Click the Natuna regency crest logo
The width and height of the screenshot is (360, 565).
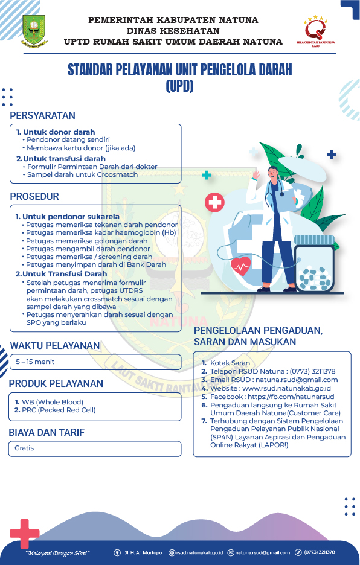click(x=34, y=31)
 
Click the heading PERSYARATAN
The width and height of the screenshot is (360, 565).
click(x=42, y=115)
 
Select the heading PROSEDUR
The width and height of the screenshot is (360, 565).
click(x=34, y=196)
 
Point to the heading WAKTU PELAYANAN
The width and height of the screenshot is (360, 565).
click(x=55, y=345)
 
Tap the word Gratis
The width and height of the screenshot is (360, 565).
click(x=25, y=448)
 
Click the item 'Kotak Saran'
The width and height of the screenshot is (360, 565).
click(x=230, y=363)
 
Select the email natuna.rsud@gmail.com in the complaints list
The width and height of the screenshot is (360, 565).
click(x=296, y=380)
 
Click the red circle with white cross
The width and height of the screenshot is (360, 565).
click(x=214, y=202)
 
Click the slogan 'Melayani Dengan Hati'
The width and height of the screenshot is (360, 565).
click(x=58, y=552)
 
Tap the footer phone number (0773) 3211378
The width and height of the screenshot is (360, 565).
click(x=319, y=552)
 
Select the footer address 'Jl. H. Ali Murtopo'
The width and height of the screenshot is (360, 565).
click(x=143, y=552)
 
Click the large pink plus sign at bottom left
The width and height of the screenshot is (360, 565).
click(x=24, y=533)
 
